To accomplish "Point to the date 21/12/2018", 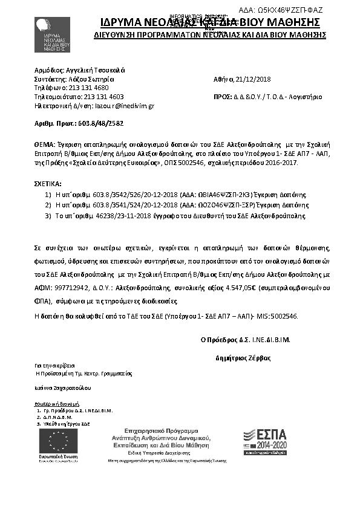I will [255, 79].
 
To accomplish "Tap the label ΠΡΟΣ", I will [223, 96].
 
